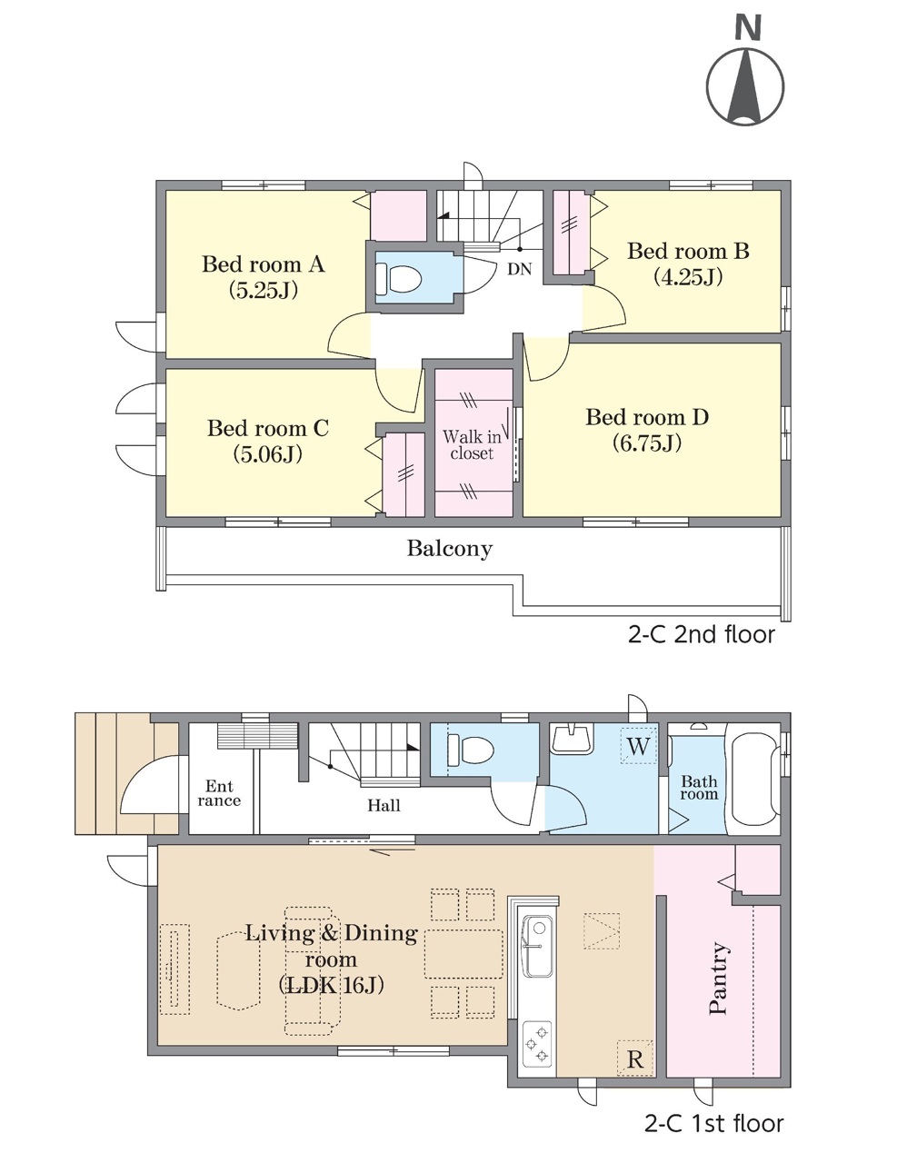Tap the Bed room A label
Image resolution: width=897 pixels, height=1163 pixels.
point(264,263)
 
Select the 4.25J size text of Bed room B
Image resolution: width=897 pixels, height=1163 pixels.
point(688,277)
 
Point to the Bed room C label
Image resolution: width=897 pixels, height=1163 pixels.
point(268,428)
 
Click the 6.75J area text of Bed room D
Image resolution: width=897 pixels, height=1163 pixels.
point(647,442)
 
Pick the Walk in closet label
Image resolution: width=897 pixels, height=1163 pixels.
point(472,444)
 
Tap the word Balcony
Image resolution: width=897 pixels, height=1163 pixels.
point(450,549)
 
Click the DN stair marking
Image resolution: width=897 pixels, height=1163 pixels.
point(520,269)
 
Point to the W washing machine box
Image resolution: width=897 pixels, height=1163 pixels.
point(638,746)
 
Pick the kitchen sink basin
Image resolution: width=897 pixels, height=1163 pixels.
point(537,946)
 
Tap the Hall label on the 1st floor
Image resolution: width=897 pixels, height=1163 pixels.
point(384,805)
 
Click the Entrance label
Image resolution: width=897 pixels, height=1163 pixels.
point(219,793)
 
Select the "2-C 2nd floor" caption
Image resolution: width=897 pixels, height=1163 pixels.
point(701,635)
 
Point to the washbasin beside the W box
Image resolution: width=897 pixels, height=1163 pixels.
point(573,739)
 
